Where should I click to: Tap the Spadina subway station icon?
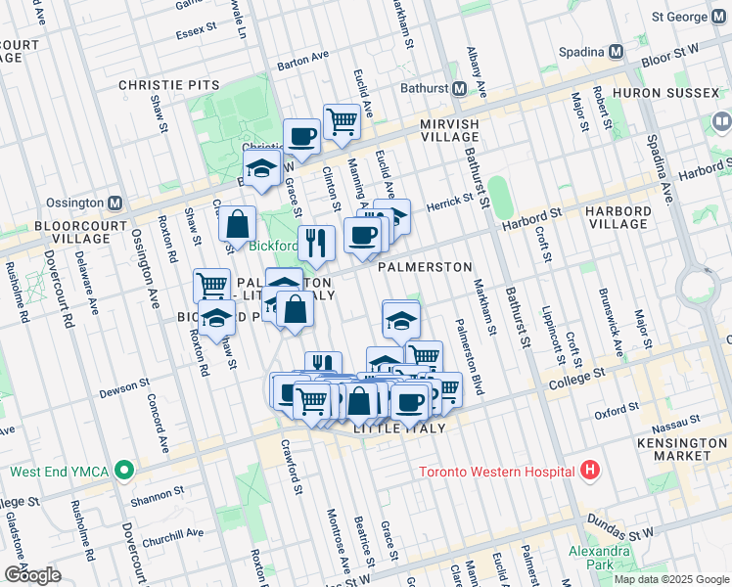[616, 51]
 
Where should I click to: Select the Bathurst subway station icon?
[458, 89]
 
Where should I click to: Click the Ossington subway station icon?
[115, 203]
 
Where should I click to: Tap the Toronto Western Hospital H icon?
[589, 471]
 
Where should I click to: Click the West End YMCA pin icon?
[123, 471]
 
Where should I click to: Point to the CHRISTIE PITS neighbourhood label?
[169, 86]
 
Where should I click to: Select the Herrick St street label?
[448, 198]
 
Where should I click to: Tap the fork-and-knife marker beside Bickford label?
[314, 243]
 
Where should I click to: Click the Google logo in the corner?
[32, 574]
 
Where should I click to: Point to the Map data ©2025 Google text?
[670, 578]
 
